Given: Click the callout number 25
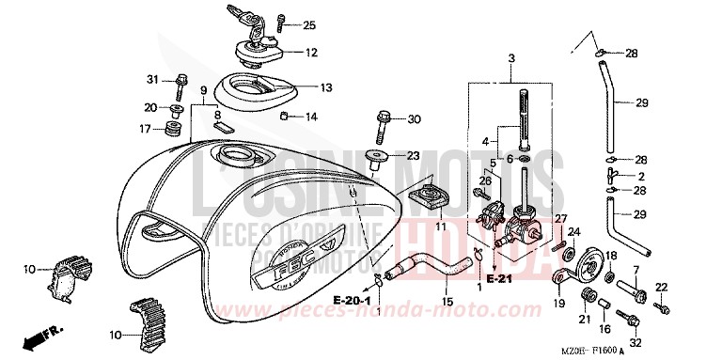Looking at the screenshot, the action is click(x=309, y=24).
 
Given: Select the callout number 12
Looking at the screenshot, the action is click(x=311, y=52).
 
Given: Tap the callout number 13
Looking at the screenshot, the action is click(x=326, y=87).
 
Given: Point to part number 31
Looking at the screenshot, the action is click(x=151, y=78).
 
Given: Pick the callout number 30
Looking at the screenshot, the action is click(x=415, y=118).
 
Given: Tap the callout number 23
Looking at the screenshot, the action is click(x=413, y=156).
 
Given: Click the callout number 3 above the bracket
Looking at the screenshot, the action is click(x=511, y=58).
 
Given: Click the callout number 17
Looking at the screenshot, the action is click(x=146, y=129).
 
